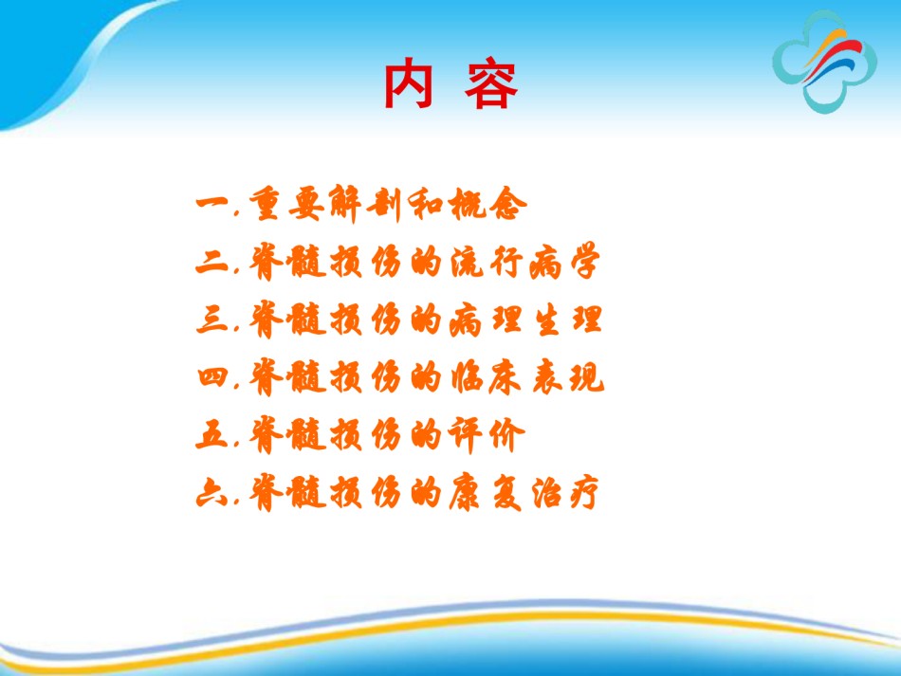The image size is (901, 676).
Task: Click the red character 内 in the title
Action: [408, 83]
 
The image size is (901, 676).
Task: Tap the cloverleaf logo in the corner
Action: [824, 62]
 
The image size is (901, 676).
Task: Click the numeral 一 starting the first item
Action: [213, 203]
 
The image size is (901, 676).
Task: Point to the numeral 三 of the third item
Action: [213, 319]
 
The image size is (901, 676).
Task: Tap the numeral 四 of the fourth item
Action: [213, 377]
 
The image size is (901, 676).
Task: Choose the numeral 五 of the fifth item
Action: [213, 434]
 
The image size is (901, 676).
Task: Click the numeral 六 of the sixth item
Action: [213, 493]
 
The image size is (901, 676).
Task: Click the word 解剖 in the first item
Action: [365, 204]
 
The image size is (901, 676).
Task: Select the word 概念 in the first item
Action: [488, 204]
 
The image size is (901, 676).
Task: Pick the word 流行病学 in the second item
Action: [525, 262]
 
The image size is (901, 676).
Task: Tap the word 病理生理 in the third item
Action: [525, 320]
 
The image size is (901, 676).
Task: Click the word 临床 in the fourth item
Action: [486, 377]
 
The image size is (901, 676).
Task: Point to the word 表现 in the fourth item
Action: [568, 377]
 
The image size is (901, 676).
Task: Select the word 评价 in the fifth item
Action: [487, 435]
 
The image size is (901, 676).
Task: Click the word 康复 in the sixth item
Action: [486, 493]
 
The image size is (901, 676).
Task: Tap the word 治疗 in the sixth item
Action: [566, 493]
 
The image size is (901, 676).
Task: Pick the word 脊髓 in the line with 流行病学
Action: [288, 262]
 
